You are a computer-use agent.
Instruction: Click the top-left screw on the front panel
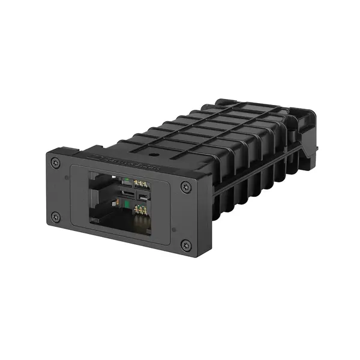56,162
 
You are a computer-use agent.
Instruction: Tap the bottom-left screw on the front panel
56,217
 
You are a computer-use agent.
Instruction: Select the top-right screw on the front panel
185,187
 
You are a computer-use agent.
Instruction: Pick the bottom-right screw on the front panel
186,245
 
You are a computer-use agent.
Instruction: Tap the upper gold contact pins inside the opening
142,183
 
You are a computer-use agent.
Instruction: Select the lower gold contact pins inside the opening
142,209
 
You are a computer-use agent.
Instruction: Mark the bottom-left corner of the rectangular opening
90,222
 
